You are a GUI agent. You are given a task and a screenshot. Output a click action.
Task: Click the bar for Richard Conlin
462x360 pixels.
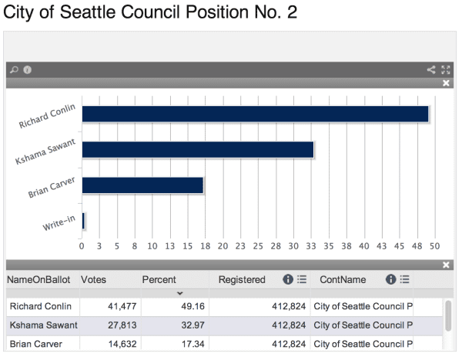coord(254,114)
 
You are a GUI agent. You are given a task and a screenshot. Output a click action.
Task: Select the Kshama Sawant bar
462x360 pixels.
coord(197,150)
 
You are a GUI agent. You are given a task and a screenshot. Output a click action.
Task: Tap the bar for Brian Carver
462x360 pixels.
coord(142,185)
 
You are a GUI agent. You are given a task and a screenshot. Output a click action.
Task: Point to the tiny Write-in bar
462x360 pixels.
coord(83,221)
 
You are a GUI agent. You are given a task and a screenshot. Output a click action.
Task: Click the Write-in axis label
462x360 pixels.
coord(59,224)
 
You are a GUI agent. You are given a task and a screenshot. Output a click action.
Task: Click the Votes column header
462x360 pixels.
coord(93,280)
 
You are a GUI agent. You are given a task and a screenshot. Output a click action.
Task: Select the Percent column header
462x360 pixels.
coord(159,280)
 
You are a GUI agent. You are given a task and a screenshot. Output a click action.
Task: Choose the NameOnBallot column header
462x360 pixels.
coord(40,280)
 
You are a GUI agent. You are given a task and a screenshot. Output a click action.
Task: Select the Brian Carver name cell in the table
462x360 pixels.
coord(36,344)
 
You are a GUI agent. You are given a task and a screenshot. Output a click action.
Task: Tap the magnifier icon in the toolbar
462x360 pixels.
coord(13,70)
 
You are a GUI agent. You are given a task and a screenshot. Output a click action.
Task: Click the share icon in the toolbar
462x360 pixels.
coord(431,70)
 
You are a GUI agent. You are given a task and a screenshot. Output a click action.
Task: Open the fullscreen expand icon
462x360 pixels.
coord(446,70)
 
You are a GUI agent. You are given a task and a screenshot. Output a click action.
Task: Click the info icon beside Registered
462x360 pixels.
coord(287,280)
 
